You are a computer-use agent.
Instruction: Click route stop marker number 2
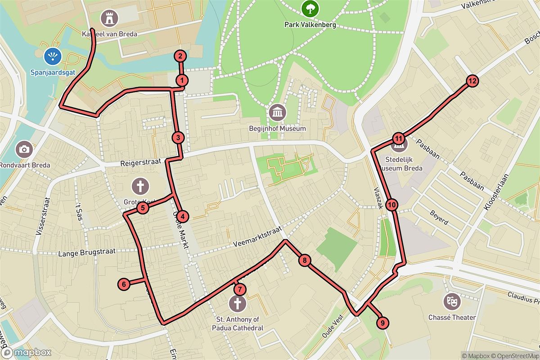[180, 56]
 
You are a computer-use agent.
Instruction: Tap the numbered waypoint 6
[124, 284]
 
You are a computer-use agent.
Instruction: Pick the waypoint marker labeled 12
[472, 81]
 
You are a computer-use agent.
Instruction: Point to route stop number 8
[305, 260]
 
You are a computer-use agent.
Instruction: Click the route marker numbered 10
[392, 205]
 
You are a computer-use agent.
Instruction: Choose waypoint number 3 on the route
[178, 138]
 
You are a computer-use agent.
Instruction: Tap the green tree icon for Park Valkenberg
[310, 8]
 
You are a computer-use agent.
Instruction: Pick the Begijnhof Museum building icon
[277, 112]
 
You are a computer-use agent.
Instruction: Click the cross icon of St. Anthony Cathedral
[237, 303]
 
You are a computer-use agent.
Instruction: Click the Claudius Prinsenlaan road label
[522, 297]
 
